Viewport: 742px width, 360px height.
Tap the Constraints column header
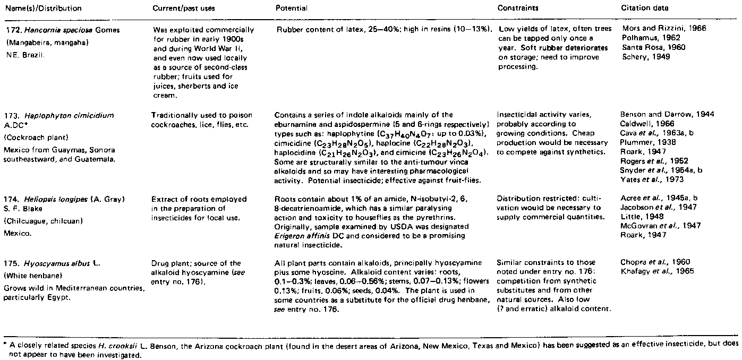(x=517, y=8)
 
